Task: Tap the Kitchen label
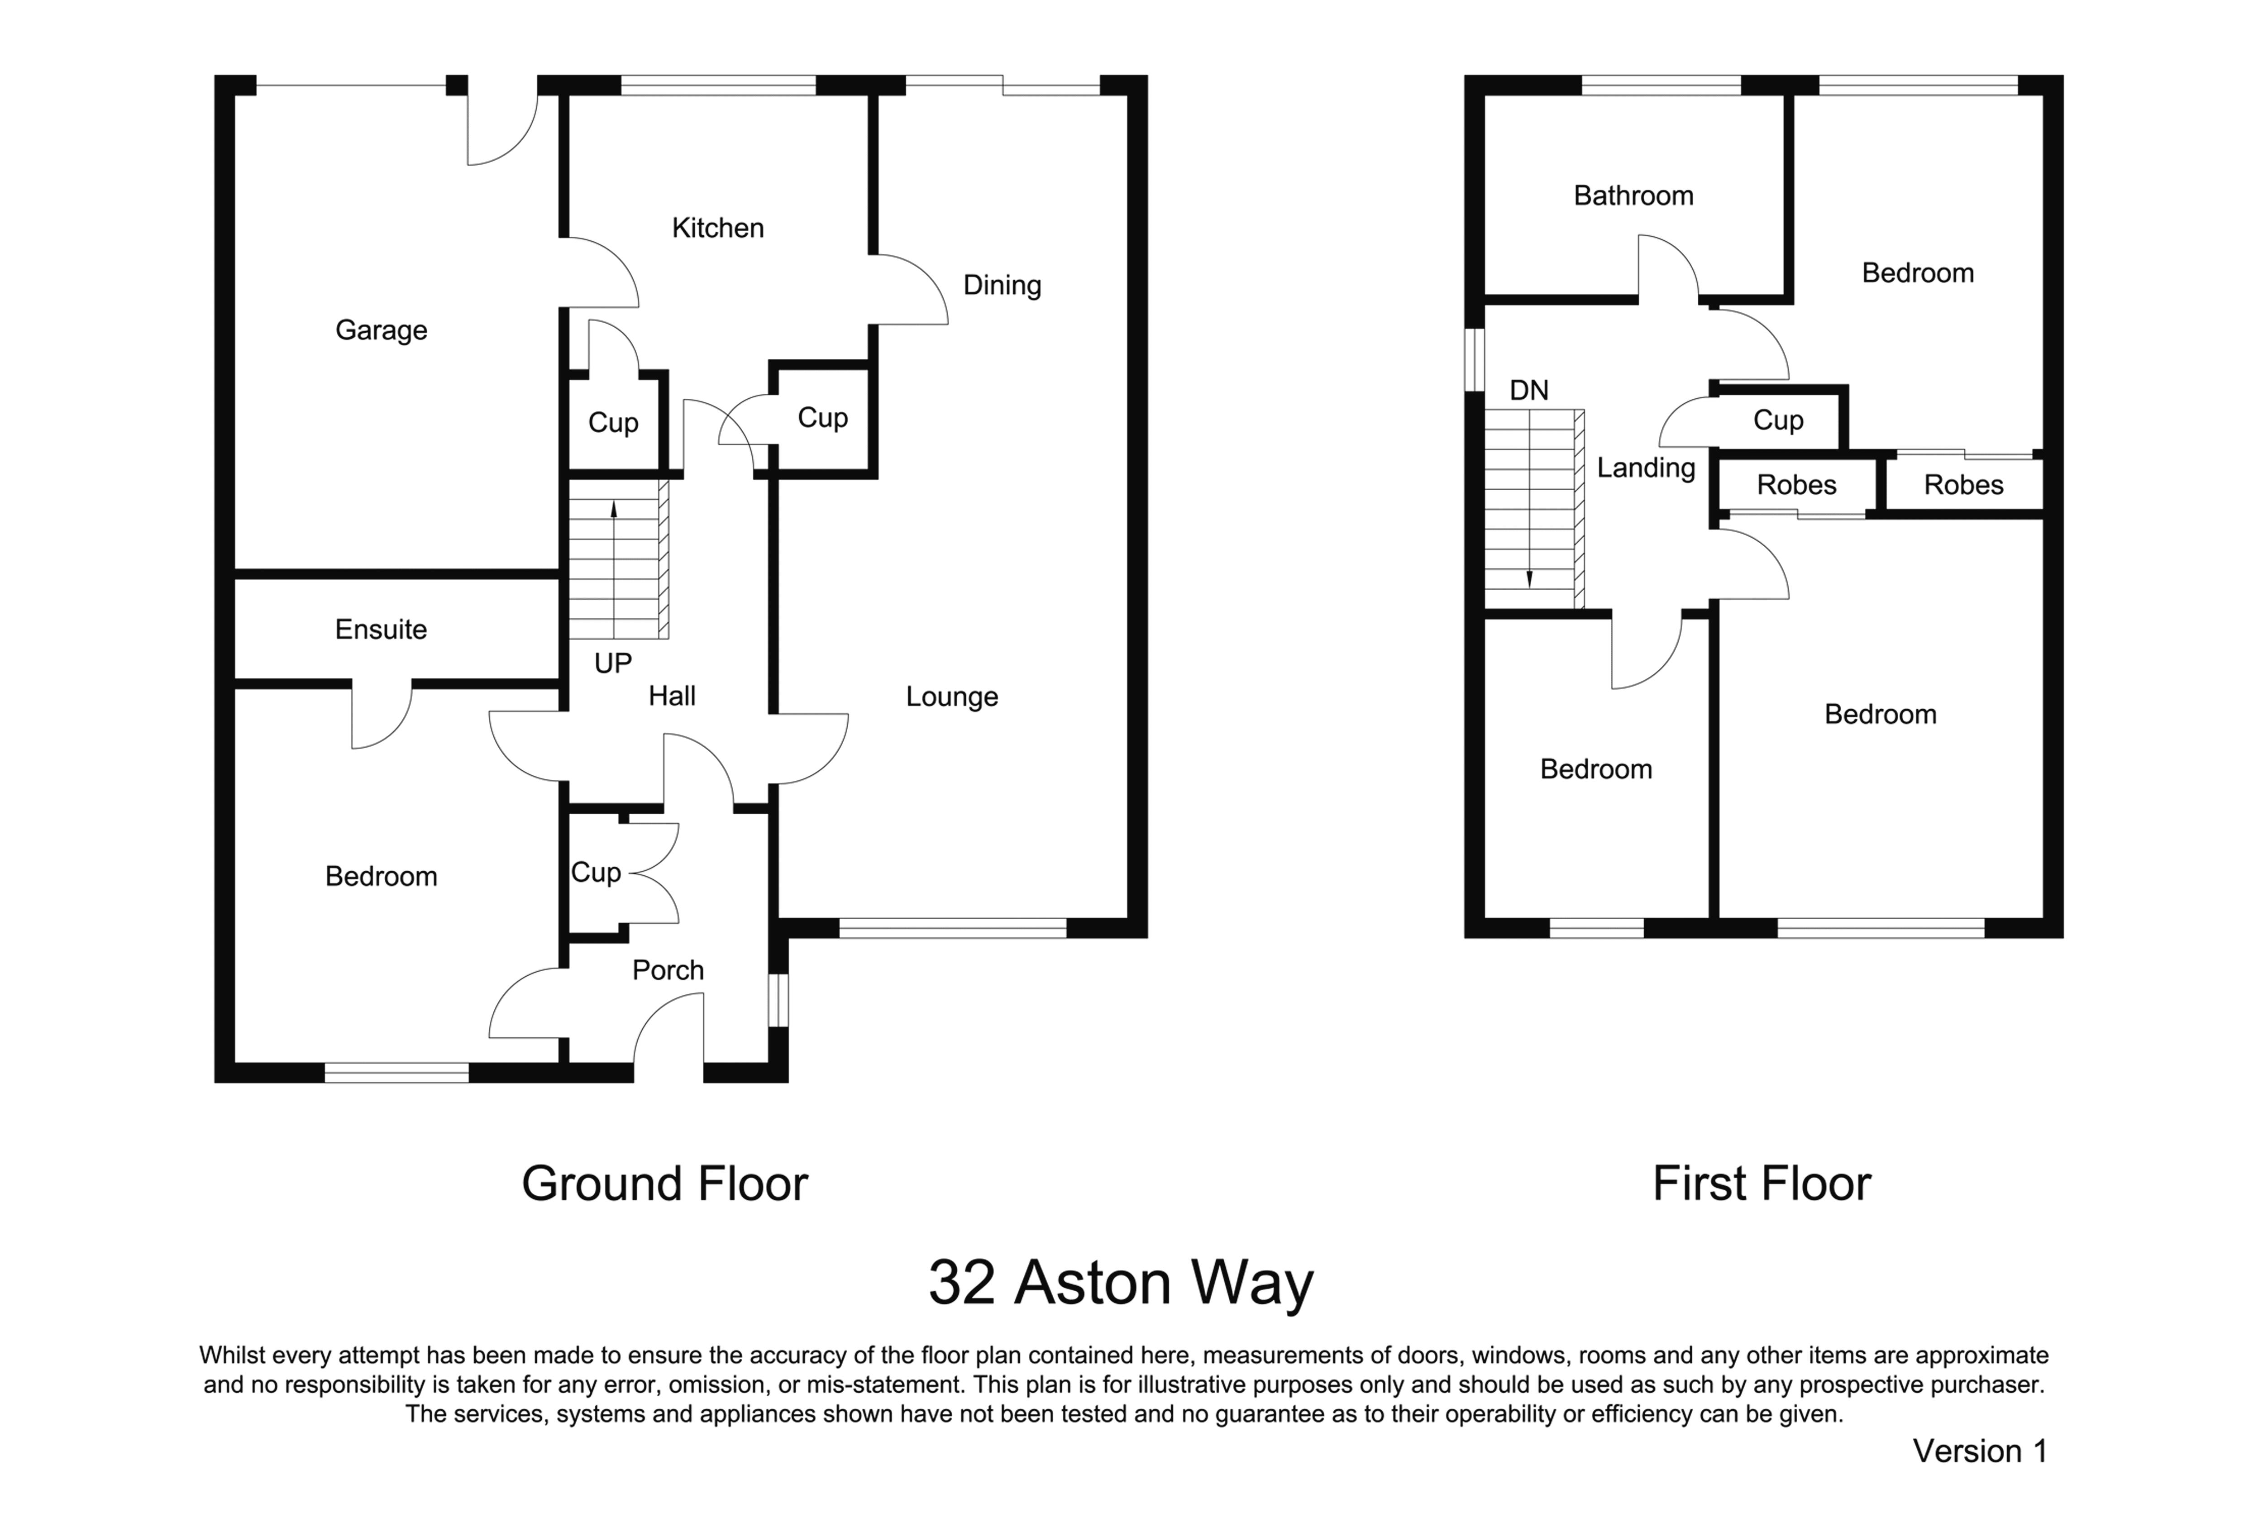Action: click(718, 228)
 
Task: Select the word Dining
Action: click(1002, 286)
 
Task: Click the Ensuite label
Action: click(381, 629)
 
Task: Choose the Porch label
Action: click(668, 970)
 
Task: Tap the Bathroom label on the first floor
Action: click(1633, 196)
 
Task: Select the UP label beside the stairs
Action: click(612, 663)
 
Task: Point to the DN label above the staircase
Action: click(1529, 391)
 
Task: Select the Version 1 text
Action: click(1980, 1451)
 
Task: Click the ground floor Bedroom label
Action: click(381, 877)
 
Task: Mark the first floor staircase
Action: click(1534, 510)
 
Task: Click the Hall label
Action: click(672, 697)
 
